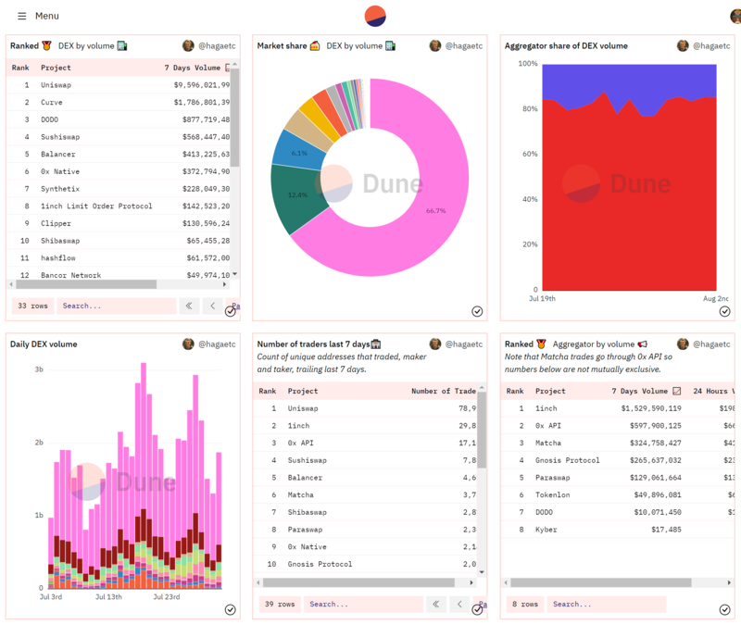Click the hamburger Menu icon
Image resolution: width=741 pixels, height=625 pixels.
pyautogui.click(x=22, y=16)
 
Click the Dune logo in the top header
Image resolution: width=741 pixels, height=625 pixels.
pyautogui.click(x=375, y=16)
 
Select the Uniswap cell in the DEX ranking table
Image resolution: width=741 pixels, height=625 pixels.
pyautogui.click(x=57, y=85)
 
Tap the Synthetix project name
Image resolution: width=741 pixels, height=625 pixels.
pyautogui.click(x=61, y=189)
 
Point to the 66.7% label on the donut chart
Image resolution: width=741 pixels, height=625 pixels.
pyautogui.click(x=435, y=211)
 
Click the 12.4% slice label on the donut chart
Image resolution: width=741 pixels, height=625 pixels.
pyautogui.click(x=297, y=195)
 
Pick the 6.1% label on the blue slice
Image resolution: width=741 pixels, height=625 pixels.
pyautogui.click(x=299, y=154)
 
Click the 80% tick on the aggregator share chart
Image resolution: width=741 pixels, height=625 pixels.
pyautogui.click(x=527, y=109)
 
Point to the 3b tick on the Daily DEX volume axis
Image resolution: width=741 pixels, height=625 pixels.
pyautogui.click(x=39, y=369)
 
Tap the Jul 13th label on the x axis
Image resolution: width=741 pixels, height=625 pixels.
pyautogui.click(x=108, y=597)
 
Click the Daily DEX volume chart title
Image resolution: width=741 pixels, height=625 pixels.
pyautogui.click(x=44, y=344)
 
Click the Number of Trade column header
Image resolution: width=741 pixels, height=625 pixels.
pyautogui.click(x=443, y=392)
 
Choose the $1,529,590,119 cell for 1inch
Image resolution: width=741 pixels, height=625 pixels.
pyautogui.click(x=646, y=408)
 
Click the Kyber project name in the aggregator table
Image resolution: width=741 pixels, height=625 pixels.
pyautogui.click(x=546, y=530)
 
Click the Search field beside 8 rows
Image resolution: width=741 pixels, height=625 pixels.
pyautogui.click(x=606, y=605)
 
